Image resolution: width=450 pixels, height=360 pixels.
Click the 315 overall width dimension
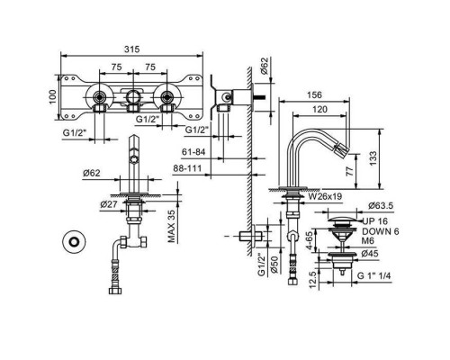[x=132, y=49]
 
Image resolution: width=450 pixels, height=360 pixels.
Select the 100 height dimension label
[x=53, y=97]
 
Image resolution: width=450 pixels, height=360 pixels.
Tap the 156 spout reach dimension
[x=314, y=95]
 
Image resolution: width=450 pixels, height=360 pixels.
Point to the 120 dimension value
[x=319, y=110]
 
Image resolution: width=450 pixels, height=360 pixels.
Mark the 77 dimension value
[x=350, y=171]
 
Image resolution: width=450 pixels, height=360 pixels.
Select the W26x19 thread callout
[x=325, y=196]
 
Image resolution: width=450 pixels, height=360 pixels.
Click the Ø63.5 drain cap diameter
[x=381, y=206]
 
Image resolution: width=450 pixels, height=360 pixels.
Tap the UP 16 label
[x=375, y=221]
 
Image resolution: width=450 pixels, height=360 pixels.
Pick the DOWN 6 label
[x=381, y=231]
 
